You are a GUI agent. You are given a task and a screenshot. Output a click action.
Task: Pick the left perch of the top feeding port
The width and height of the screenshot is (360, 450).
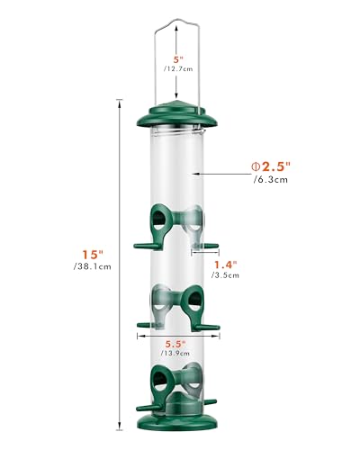(144, 243)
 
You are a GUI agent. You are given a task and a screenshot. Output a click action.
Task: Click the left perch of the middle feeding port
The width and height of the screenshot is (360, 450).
(147, 325)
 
